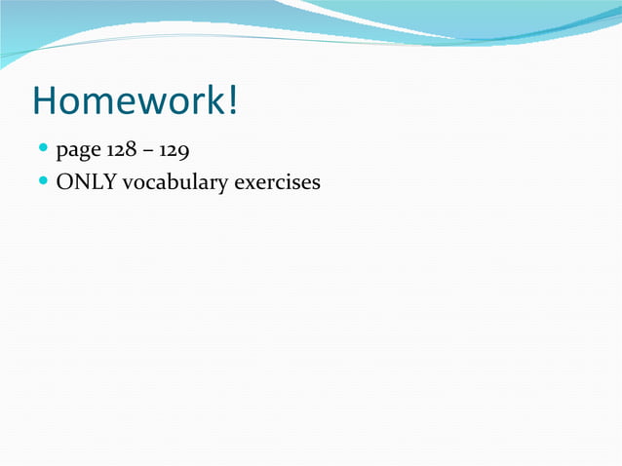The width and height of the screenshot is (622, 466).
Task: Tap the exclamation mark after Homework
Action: point(233,101)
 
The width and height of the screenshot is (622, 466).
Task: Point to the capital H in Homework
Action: point(45,101)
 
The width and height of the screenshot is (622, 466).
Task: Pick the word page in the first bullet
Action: point(79,153)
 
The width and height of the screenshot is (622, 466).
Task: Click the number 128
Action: point(122,151)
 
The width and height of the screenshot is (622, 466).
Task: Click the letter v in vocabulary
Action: point(127,183)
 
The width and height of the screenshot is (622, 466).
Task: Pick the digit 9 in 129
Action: point(183,152)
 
